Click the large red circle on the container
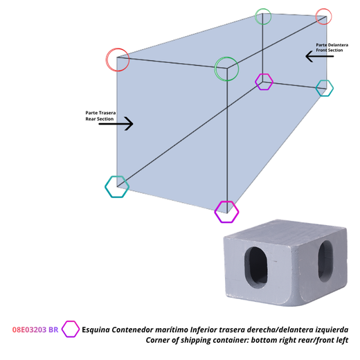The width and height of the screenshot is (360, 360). pos(106,60)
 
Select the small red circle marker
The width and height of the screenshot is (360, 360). pos(316,17)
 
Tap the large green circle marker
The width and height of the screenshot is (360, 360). pos(215,69)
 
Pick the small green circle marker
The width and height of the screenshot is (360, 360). pos(255,17)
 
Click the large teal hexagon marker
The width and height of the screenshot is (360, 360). pos(105,187)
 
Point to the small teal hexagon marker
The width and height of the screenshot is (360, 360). pos(316,88)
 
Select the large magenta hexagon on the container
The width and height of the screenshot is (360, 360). pos(215,212)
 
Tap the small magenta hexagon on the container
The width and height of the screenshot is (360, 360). pos(255,82)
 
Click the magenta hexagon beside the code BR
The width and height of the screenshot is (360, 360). pos(62,330)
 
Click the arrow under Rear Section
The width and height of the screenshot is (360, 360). pos(116,124)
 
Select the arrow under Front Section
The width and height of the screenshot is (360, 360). pos(320,56)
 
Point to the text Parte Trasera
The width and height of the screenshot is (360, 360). pos(100,113)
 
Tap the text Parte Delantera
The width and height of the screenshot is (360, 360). pos(332,45)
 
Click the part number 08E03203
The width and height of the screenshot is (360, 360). pos(29,330)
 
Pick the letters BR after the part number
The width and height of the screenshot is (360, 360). pos(53,330)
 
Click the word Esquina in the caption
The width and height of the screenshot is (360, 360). pos(96,330)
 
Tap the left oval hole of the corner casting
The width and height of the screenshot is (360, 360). pos(256,268)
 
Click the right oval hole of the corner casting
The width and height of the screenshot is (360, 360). pos(325,261)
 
